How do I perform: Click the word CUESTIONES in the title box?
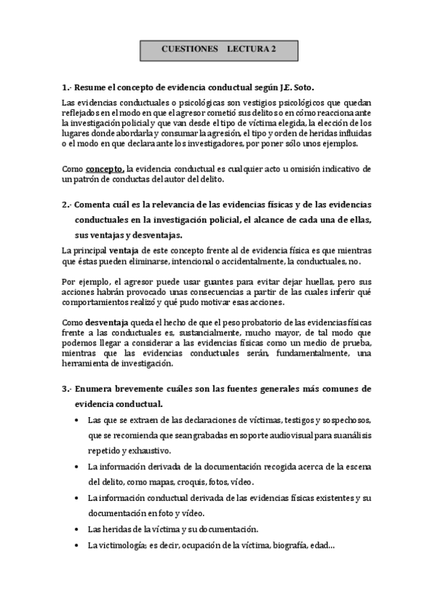[x=189, y=49]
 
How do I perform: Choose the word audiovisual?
[x=267, y=435]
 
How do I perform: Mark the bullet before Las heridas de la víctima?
[x=77, y=529]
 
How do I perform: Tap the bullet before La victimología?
[x=77, y=545]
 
